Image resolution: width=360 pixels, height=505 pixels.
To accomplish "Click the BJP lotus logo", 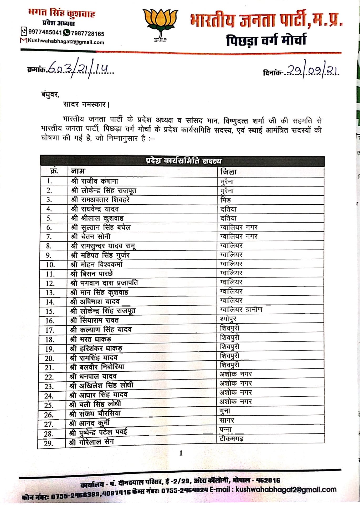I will [160, 25].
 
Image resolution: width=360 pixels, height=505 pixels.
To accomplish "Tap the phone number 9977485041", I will [45, 32].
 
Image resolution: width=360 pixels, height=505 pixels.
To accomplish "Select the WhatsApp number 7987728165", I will [88, 34].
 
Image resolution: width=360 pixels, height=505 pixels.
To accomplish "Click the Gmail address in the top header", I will [66, 42].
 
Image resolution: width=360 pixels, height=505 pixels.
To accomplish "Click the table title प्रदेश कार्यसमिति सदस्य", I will [183, 161].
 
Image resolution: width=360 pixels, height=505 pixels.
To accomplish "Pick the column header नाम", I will [78, 171].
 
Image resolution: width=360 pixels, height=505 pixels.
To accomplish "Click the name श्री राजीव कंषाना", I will [95, 181].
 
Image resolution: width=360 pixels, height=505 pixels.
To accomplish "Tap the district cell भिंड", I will [225, 200].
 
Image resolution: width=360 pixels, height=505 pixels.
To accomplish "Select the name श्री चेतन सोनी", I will [91, 236].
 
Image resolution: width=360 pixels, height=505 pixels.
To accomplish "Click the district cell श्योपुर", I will [228, 319].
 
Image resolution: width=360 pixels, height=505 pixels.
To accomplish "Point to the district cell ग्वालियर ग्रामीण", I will [241, 309].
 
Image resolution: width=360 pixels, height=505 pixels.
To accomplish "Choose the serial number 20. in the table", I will [49, 358].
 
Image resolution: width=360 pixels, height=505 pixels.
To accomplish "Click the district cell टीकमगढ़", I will [231, 439].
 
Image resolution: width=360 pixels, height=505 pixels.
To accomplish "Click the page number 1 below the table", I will [181, 453].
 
